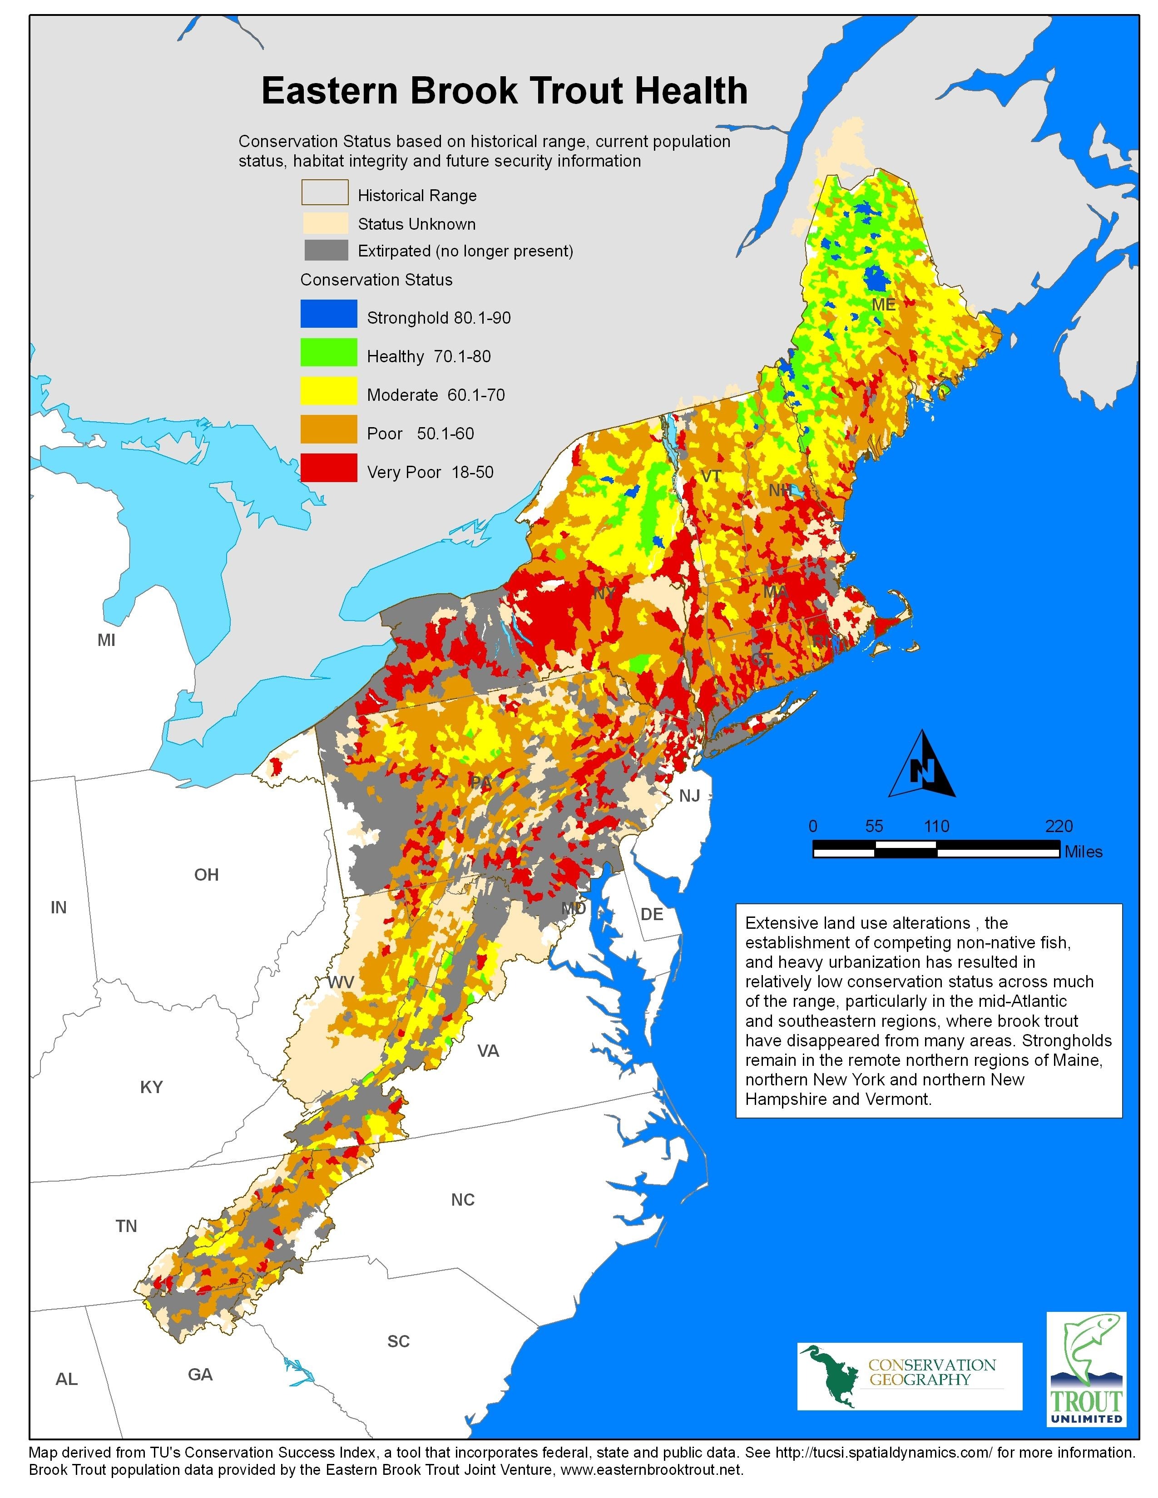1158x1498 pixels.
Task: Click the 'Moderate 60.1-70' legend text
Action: click(x=435, y=395)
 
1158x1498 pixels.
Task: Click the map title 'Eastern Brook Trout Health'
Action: click(x=504, y=91)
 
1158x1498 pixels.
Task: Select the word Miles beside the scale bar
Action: click(x=1083, y=852)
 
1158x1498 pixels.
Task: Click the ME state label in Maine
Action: click(x=884, y=305)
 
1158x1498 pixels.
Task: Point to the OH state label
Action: click(x=207, y=875)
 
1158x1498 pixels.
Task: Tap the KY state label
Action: click(x=152, y=1086)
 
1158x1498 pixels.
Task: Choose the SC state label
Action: click(x=399, y=1341)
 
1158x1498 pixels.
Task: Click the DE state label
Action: click(x=652, y=914)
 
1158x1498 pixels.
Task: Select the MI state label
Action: click(x=106, y=640)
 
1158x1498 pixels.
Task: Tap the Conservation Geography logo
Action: click(x=909, y=1376)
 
